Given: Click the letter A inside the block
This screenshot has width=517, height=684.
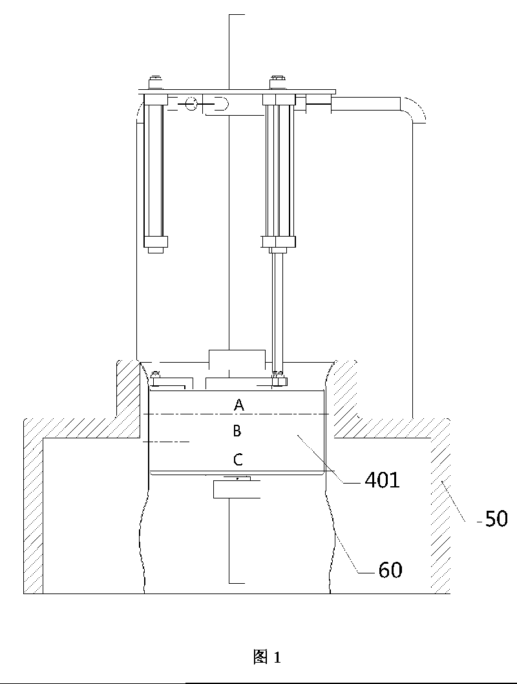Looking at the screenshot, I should tap(239, 405).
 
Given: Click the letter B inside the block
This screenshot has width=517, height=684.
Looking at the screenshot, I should tap(237, 431).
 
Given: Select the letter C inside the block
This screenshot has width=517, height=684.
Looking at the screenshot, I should tap(238, 460).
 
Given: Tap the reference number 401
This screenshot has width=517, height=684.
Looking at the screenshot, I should tap(381, 480).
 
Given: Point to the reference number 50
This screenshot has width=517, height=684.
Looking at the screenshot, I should tap(494, 518).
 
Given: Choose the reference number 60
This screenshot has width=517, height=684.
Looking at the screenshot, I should tap(390, 570).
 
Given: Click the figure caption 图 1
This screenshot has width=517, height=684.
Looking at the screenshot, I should tap(267, 657).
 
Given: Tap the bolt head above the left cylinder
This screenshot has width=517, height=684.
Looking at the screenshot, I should tap(155, 83).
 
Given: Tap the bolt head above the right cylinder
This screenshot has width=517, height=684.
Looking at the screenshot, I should tap(279, 83).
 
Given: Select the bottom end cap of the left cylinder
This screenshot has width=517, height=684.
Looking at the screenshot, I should tap(155, 242).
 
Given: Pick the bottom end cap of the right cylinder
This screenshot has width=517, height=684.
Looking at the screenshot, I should tap(279, 242).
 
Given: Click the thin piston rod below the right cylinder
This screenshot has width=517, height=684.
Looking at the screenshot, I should tap(277, 310).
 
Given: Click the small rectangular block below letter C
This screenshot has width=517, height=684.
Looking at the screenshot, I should tap(237, 489).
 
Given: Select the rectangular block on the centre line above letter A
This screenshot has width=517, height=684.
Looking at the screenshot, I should tap(237, 359).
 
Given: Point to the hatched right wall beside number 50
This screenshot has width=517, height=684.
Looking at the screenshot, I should tap(441, 504).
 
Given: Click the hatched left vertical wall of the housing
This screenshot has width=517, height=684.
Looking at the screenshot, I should tap(33, 504).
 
